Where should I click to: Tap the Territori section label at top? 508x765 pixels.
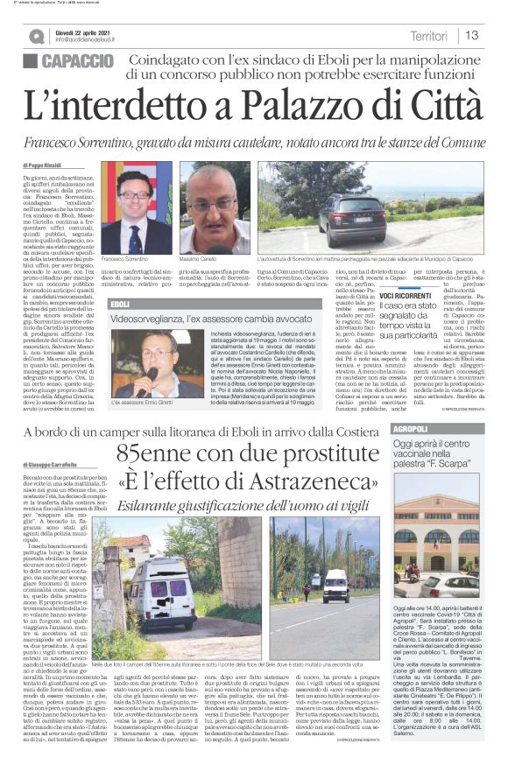429,35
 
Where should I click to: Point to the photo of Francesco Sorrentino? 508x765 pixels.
137,207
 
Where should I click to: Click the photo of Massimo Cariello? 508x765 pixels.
215,207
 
